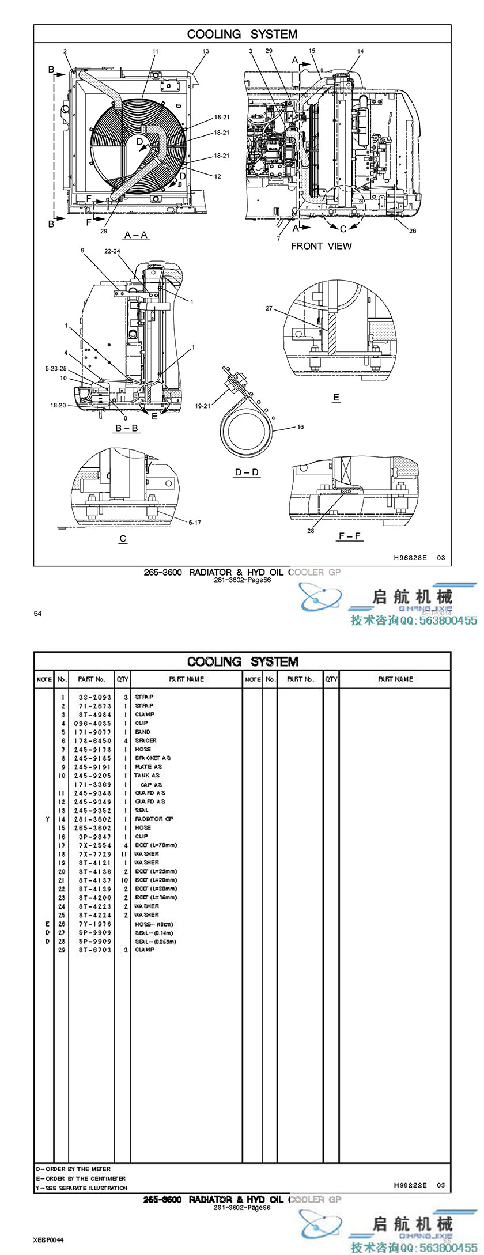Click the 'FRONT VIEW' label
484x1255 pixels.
click(321, 246)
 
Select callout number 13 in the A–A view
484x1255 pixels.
click(206, 51)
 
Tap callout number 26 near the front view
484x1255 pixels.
click(413, 231)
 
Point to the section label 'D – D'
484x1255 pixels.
click(247, 472)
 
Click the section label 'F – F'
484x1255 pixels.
click(350, 536)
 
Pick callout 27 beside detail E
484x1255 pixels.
click(269, 308)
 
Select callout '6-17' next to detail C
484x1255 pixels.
click(195, 523)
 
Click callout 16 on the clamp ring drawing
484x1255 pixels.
click(300, 427)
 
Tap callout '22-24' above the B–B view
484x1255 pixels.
click(112, 251)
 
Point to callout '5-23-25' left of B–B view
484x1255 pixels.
click(56, 368)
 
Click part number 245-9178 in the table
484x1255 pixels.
click(92, 749)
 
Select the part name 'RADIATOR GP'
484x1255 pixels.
click(154, 819)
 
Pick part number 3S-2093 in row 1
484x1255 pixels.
click(92, 697)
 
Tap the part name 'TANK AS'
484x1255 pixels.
click(147, 776)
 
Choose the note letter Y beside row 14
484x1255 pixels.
click(47, 819)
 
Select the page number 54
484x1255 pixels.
click(37, 614)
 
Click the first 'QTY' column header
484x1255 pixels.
click(123, 679)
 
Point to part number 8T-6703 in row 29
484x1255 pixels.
click(92, 950)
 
